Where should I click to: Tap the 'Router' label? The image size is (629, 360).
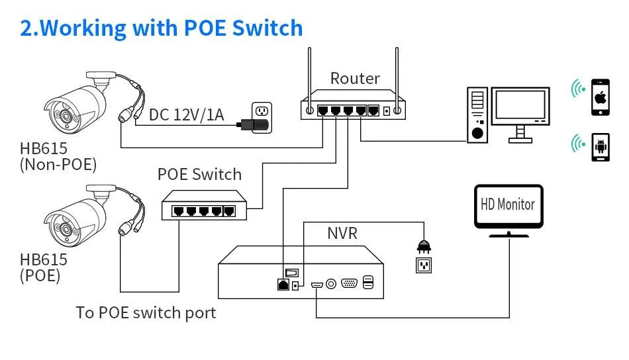click(x=355, y=78)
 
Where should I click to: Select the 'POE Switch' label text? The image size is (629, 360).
click(x=199, y=175)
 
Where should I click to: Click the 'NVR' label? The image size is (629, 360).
click(x=343, y=233)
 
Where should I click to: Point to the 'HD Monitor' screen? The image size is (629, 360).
click(x=508, y=205)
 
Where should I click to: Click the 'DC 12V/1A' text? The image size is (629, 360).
click(x=186, y=114)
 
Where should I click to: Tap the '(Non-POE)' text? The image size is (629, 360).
click(x=58, y=164)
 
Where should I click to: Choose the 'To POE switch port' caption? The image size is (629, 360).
click(x=146, y=312)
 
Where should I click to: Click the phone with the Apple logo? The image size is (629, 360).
click(x=601, y=97)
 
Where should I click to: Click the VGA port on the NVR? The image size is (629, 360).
click(x=349, y=283)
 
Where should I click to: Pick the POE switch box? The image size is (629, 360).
click(x=199, y=206)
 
